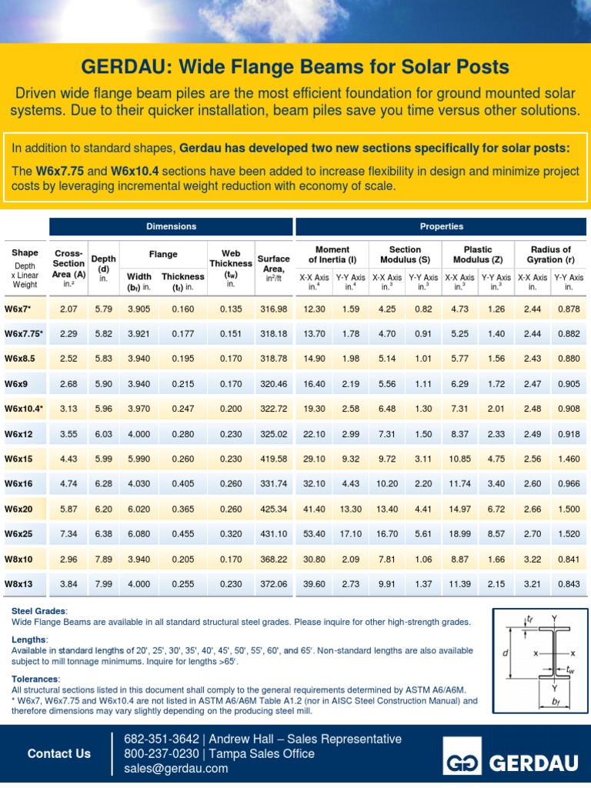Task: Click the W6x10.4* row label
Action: pos(24,409)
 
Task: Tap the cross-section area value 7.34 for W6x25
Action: pos(68,533)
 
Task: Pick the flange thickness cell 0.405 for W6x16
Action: pos(182,483)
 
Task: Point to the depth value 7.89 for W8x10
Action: pos(103,559)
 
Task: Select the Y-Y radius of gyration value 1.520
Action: pos(569,533)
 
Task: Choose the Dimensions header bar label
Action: pos(172,226)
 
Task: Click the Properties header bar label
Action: pos(441,226)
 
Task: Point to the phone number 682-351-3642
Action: pos(156,739)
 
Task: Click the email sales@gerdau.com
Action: pos(176,768)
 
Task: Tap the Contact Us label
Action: pos(59,753)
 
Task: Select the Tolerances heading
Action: pos(35,679)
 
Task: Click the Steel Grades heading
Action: pos(38,610)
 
